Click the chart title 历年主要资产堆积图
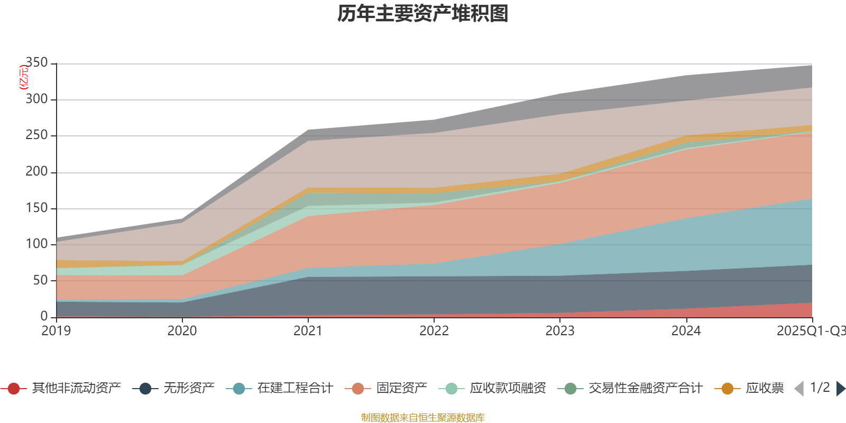click(x=423, y=14)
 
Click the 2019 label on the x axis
click(x=56, y=331)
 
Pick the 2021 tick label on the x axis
click(x=308, y=331)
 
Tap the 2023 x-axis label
click(x=560, y=331)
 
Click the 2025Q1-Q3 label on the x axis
click(x=811, y=331)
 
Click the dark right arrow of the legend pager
click(x=840, y=389)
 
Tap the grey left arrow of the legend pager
click(x=799, y=389)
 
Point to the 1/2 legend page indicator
click(x=820, y=388)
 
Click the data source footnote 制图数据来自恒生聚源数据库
click(x=423, y=418)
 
